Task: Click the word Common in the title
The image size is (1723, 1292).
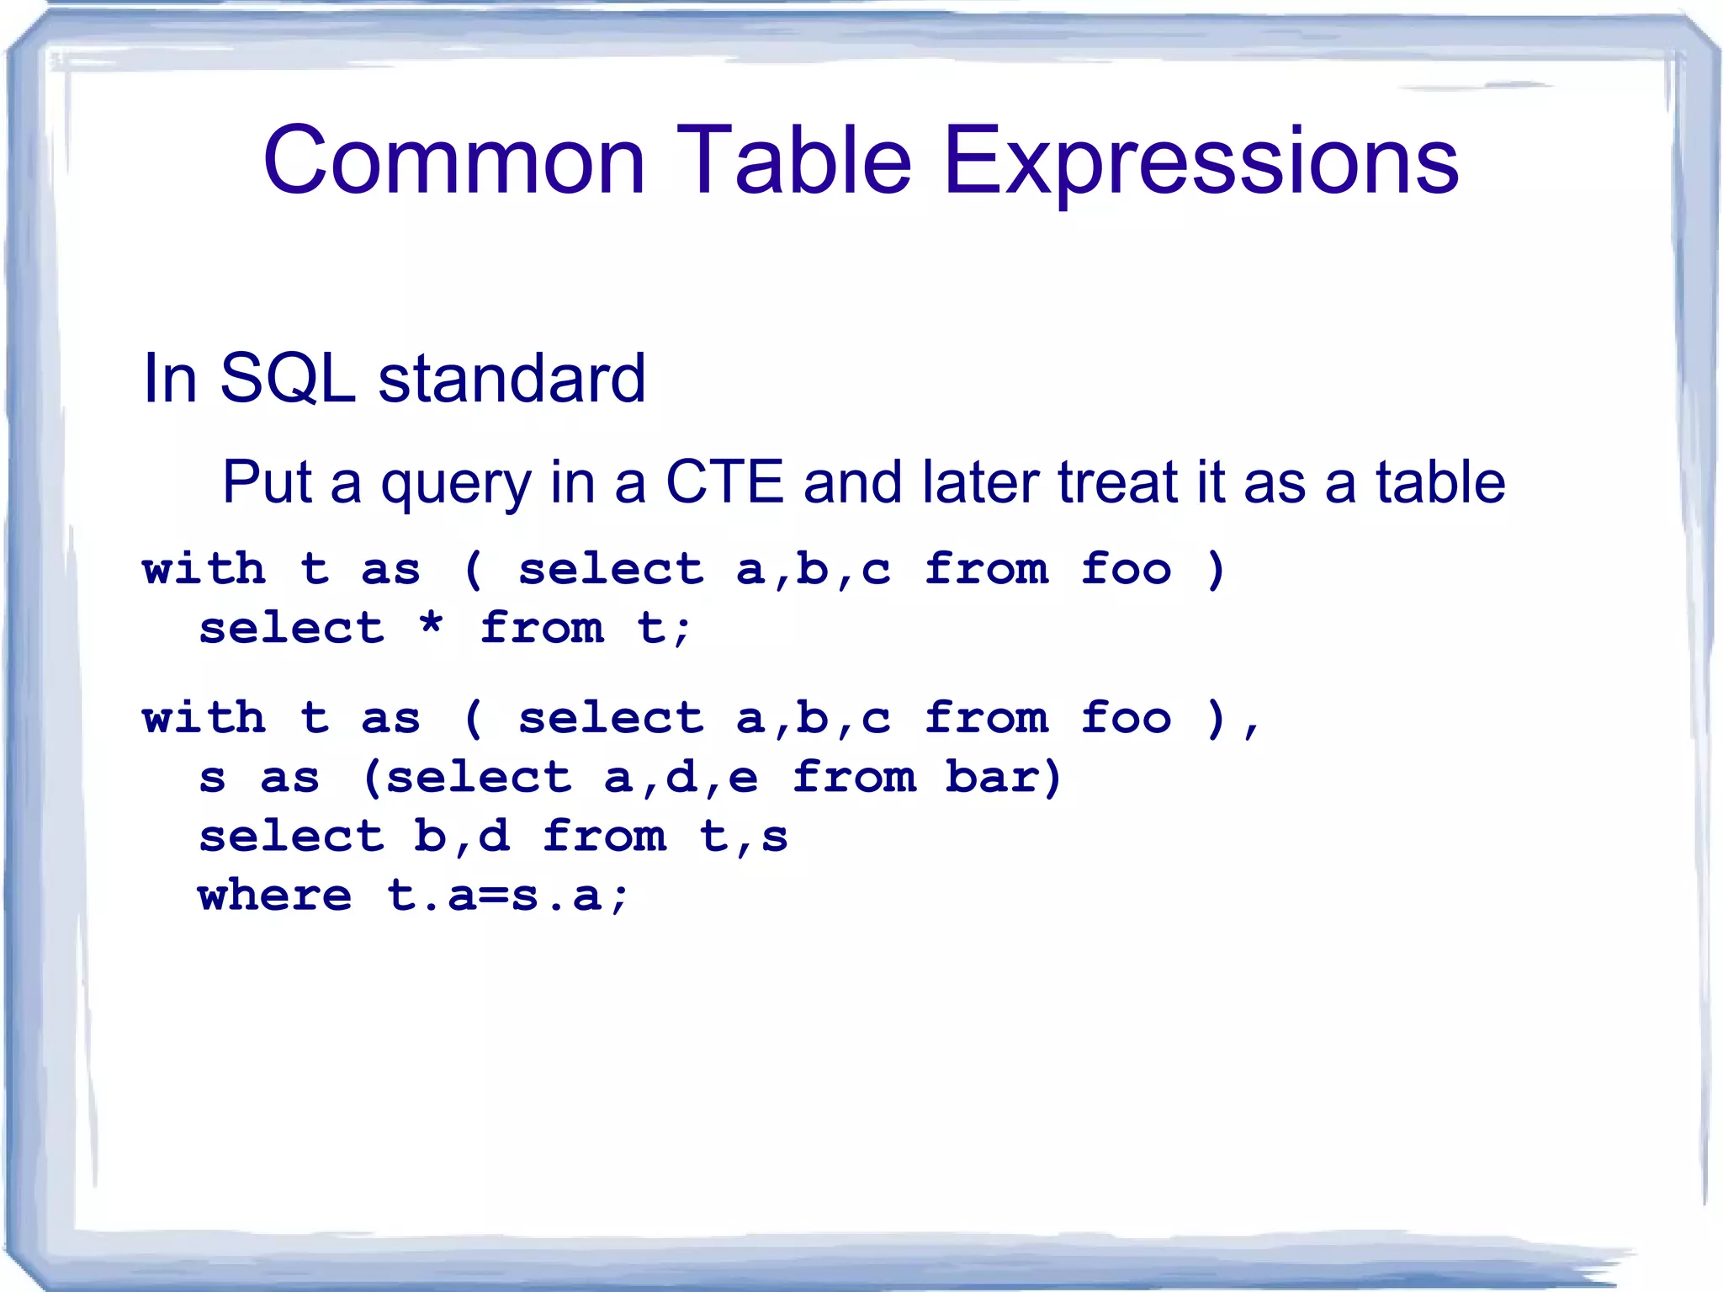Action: (453, 160)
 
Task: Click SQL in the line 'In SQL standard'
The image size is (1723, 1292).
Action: (288, 379)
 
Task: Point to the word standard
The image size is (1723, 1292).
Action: (512, 379)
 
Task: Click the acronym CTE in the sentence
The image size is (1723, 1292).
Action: (724, 482)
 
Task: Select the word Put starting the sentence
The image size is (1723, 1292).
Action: (268, 482)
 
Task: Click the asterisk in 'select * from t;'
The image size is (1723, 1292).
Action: (431, 626)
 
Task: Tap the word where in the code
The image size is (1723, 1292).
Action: (275, 895)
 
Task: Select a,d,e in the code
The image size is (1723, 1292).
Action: (681, 778)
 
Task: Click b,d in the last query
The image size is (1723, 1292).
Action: (461, 837)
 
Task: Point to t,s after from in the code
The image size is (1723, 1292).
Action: (744, 837)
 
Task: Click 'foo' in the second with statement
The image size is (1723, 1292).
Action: (1126, 718)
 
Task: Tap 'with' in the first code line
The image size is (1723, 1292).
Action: (204, 568)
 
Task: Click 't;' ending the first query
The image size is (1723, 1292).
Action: (663, 628)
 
